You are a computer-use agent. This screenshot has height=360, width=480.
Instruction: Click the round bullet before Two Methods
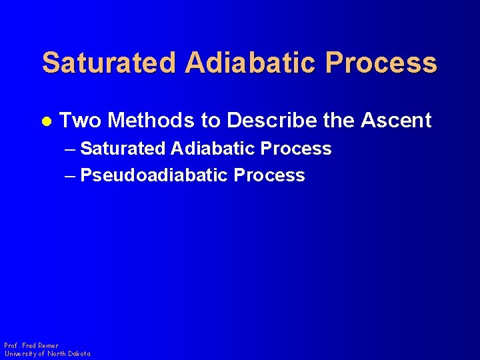click(x=46, y=121)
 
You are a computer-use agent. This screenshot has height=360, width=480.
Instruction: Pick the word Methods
click(x=152, y=121)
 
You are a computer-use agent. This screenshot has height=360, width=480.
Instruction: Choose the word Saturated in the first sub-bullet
click(x=122, y=149)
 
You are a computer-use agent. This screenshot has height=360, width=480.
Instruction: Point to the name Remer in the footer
click(x=48, y=346)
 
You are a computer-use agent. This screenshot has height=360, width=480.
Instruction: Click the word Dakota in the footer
click(x=78, y=353)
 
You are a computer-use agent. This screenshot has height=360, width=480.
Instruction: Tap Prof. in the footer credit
click(x=11, y=346)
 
